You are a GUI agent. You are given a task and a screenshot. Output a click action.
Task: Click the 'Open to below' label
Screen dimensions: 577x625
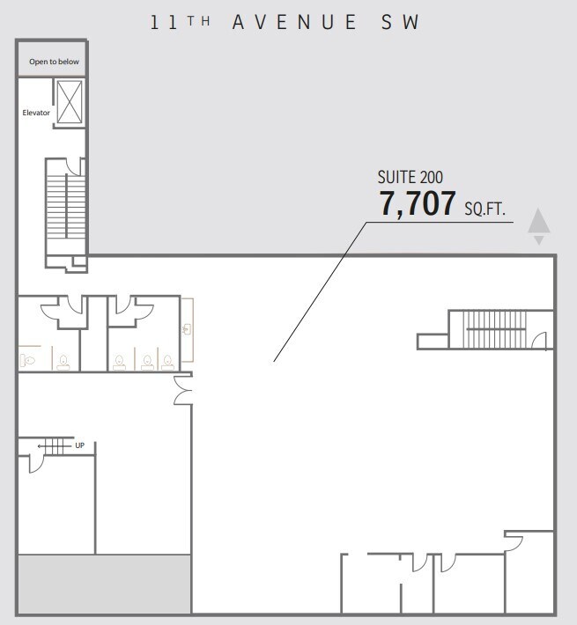point(54,62)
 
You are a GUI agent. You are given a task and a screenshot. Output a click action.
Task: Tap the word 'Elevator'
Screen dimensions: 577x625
point(36,113)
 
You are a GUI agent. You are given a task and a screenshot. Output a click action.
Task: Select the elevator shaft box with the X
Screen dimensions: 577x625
point(70,102)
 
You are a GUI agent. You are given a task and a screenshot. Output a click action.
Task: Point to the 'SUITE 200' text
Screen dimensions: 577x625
point(410,177)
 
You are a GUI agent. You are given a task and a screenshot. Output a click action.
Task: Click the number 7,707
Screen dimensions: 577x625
point(417,203)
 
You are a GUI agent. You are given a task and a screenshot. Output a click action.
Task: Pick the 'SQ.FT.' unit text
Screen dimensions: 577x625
point(485,209)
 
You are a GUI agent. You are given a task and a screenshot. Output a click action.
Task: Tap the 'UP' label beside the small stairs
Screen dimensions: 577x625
point(80,445)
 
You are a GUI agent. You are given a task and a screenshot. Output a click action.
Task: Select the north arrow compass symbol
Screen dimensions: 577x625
point(539,225)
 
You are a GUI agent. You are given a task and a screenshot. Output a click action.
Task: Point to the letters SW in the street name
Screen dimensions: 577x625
point(400,22)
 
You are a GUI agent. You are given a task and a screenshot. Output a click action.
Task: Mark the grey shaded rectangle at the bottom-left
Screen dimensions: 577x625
point(104,584)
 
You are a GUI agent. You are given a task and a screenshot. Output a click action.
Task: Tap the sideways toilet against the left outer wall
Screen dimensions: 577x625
point(28,361)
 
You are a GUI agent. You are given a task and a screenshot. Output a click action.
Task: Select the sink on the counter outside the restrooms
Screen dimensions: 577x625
point(187,329)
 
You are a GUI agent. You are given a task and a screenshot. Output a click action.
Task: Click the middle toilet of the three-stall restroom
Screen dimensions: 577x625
point(147,362)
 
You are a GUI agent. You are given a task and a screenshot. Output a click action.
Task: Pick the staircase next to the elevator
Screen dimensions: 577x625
point(66,207)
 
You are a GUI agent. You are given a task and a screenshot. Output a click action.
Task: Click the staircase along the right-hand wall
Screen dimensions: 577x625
point(494,329)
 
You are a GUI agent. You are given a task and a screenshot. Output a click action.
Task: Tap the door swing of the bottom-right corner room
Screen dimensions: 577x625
point(514,544)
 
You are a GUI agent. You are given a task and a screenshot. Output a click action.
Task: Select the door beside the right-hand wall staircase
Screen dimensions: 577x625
point(539,341)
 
